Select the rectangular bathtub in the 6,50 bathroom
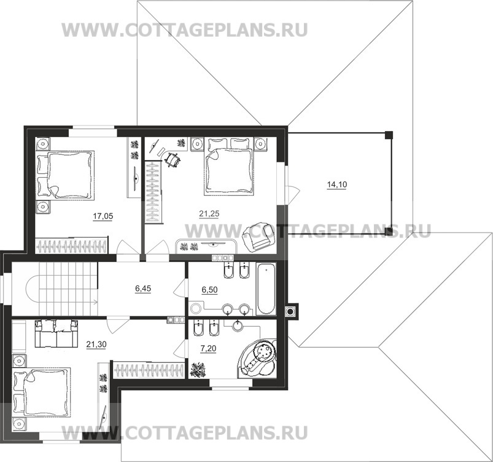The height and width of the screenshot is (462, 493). click(x=266, y=289)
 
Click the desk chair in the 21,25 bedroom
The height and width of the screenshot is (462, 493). click(x=174, y=159)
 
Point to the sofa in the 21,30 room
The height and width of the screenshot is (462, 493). click(x=56, y=335)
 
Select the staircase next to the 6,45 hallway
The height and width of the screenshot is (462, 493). click(x=58, y=288)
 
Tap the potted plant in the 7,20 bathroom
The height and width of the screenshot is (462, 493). click(x=198, y=370)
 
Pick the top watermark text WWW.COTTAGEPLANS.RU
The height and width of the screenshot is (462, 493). click(x=184, y=30)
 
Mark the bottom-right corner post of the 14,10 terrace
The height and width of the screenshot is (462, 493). click(x=389, y=231)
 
